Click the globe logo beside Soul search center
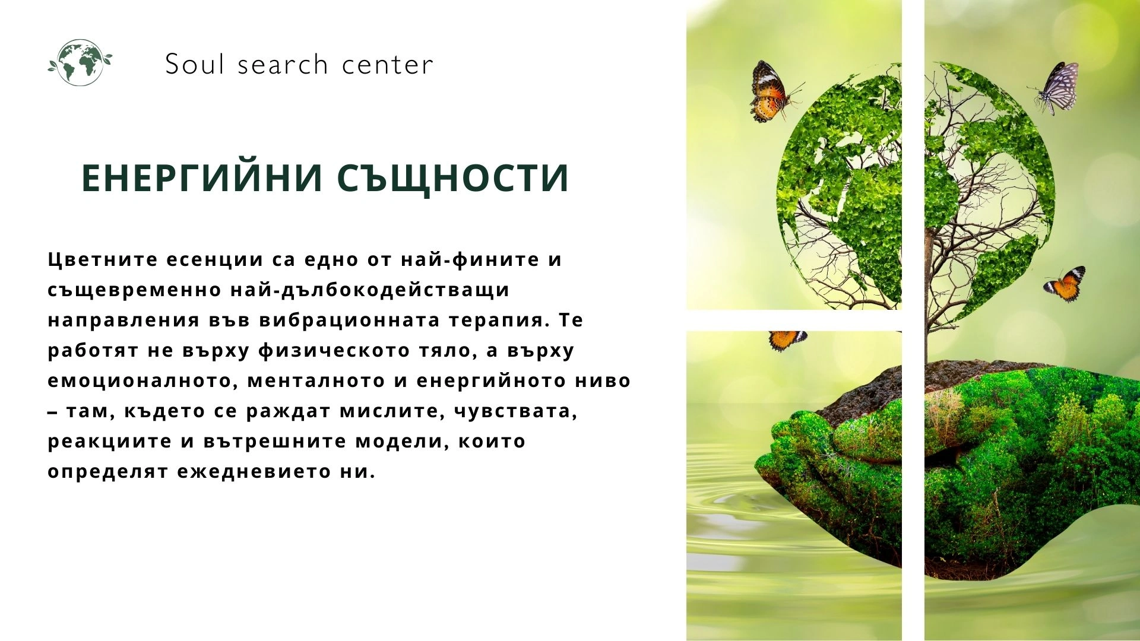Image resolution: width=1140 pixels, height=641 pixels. coord(80,63)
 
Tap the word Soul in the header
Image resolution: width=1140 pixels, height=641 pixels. coord(194,64)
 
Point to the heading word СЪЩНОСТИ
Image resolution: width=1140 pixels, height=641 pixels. coord(454,179)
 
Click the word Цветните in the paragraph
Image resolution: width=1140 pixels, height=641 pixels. coord(103,259)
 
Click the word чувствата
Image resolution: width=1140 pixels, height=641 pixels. coord(515,411)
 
